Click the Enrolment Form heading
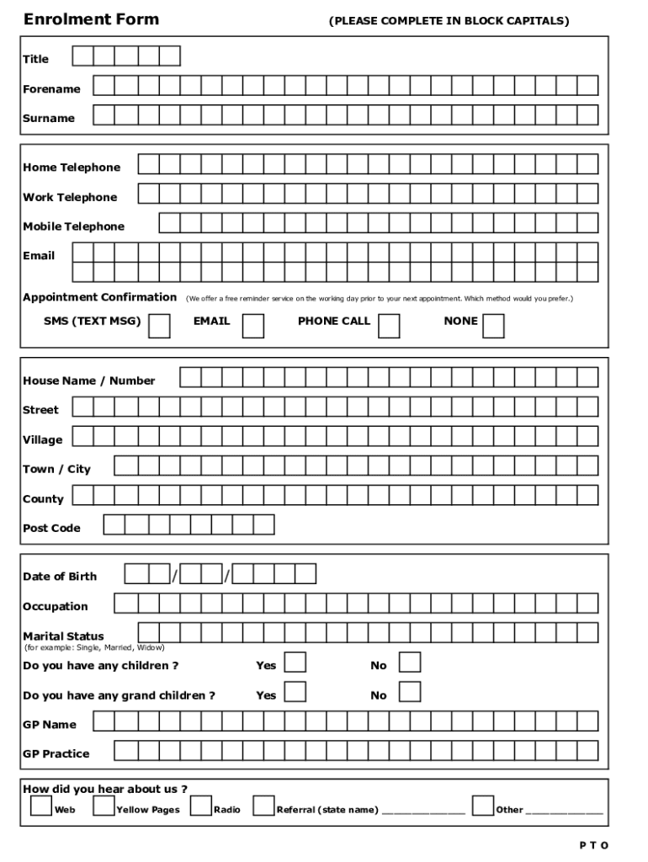click(91, 19)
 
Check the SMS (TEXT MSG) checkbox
click(159, 325)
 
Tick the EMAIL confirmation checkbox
click(252, 325)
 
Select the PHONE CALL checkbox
click(389, 325)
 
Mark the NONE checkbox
click(493, 325)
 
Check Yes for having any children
click(295, 662)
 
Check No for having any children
click(410, 662)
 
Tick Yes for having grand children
click(295, 692)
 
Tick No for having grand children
click(410, 692)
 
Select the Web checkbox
click(40, 806)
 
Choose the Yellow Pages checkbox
click(104, 806)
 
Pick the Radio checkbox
click(200, 806)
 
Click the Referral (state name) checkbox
click(263, 806)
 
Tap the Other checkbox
click(483, 806)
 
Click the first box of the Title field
click(83, 56)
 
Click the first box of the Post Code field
click(114, 524)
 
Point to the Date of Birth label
click(60, 577)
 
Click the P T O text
click(592, 845)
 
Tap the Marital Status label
click(64, 636)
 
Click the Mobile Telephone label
click(73, 226)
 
